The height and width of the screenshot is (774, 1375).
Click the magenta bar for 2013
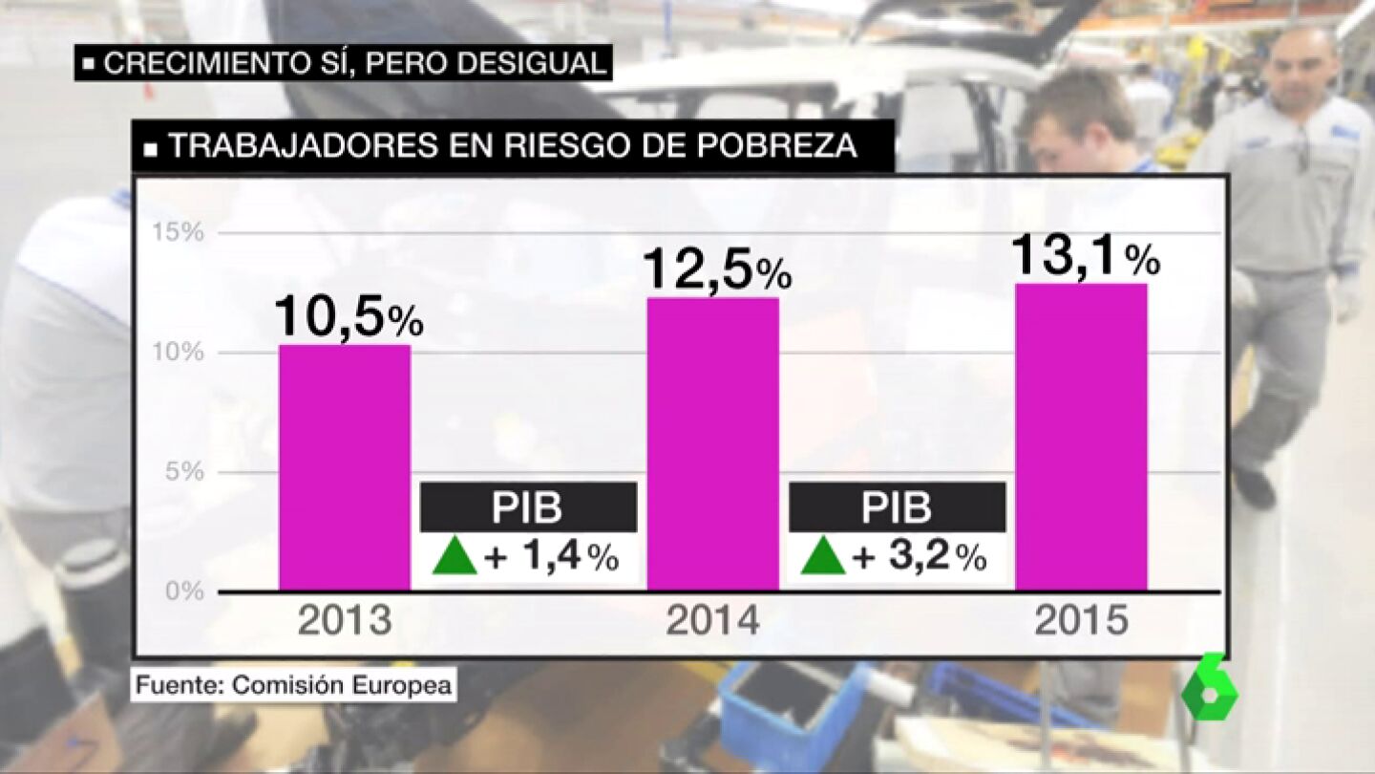345,467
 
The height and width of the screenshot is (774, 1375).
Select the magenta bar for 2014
713,444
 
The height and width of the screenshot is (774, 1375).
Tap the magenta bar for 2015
1081,437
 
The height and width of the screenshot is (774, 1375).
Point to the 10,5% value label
349,317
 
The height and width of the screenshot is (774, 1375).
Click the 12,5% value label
717,271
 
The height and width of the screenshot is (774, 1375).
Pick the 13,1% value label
1086,256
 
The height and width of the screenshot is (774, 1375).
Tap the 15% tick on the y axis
178,232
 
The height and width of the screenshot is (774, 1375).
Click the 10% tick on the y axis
178,352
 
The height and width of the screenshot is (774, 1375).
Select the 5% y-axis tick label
184,471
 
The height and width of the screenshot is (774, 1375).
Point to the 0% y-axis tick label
184,591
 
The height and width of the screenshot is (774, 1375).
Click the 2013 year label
345,621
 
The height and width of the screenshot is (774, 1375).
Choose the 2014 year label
713,621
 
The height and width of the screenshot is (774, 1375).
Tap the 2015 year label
1082,621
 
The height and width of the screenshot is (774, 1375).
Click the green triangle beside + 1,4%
455,556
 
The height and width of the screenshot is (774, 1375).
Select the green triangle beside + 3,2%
823,556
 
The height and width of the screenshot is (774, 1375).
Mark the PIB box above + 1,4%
529,506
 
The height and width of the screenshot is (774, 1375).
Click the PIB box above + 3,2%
898,506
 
